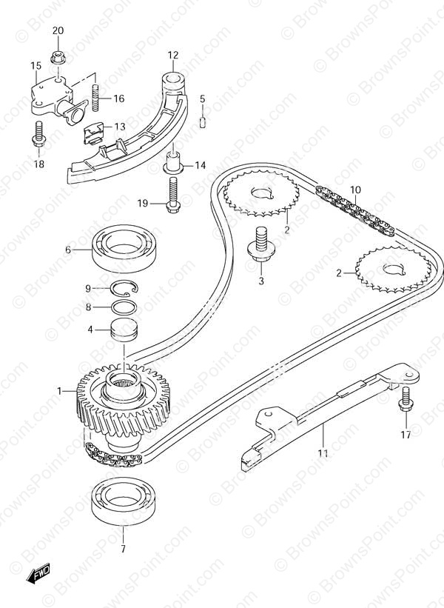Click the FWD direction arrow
[x=38, y=572]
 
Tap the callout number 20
[x=58, y=30]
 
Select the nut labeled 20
[x=58, y=57]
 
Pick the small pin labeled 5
[x=203, y=121]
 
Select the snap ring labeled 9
[x=124, y=289]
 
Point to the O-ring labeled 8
[x=124, y=307]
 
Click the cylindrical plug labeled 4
[x=124, y=329]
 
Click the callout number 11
[x=323, y=453]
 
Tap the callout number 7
[x=123, y=549]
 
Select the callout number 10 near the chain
[x=355, y=190]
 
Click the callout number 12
[x=173, y=55]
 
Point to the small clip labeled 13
[x=94, y=133]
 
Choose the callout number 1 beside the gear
[x=59, y=391]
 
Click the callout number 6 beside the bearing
[x=68, y=250]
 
